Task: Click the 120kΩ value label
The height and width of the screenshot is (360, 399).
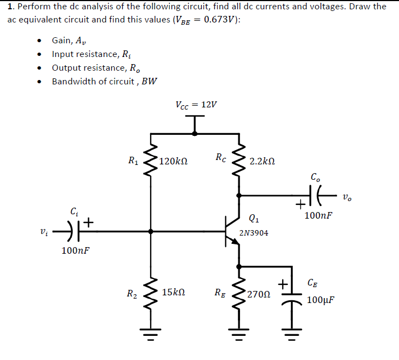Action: [174, 162]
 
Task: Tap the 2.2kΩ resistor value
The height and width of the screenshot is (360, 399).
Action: [261, 162]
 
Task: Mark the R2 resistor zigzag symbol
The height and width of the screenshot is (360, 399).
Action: [151, 293]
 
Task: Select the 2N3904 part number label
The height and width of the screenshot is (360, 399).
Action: [254, 233]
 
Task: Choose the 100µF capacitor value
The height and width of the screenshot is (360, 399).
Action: [321, 300]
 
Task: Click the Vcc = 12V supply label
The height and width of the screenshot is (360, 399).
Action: [196, 105]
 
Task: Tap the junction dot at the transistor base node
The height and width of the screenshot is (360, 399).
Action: [151, 231]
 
